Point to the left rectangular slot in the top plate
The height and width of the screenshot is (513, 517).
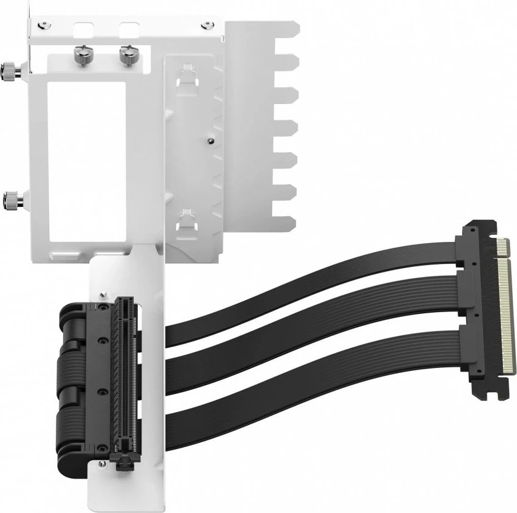click(83, 30)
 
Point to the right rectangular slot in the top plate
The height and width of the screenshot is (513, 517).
click(130, 30)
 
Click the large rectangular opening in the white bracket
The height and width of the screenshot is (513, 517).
click(87, 160)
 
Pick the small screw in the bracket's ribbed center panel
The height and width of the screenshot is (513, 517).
click(211, 141)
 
